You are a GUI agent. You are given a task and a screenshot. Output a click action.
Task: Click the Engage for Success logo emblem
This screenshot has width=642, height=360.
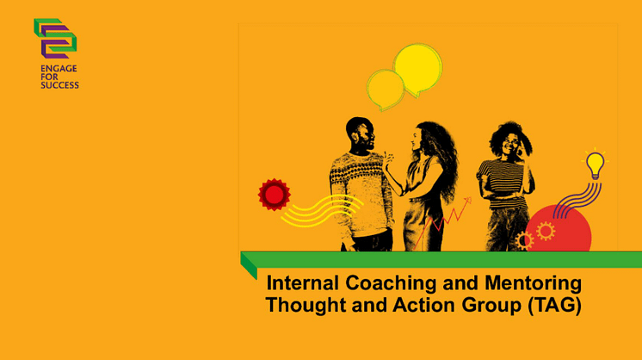pyautogui.click(x=55, y=39)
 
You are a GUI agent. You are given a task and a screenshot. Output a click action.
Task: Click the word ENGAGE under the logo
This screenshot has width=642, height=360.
pyautogui.click(x=59, y=68)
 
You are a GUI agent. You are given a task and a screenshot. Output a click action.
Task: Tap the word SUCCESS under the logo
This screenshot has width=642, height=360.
pyautogui.click(x=59, y=85)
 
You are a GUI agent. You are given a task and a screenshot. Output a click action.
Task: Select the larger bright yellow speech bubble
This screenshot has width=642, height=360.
pyautogui.click(x=417, y=68)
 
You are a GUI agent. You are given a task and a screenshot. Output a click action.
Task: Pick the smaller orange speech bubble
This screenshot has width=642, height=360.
pyautogui.click(x=386, y=90)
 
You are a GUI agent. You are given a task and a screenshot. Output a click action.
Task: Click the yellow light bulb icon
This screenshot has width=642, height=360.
pyautogui.click(x=595, y=164)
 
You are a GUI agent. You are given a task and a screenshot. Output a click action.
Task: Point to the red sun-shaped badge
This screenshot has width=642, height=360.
pyautogui.click(x=274, y=195)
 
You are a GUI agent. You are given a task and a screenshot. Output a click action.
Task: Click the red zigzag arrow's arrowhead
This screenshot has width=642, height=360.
pyautogui.click(x=467, y=201)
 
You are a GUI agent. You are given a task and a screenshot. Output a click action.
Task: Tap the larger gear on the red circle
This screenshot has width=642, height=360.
pyautogui.click(x=546, y=231)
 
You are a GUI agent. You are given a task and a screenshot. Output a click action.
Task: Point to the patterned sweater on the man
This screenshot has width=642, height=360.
pyautogui.click(x=361, y=194)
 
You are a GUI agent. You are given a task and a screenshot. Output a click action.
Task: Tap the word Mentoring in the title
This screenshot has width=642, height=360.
pyautogui.click(x=533, y=283)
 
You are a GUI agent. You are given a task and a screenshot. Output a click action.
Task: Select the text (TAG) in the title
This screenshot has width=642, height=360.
pyautogui.click(x=554, y=305)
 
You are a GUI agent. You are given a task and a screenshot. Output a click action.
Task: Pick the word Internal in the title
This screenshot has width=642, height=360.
pyautogui.click(x=303, y=283)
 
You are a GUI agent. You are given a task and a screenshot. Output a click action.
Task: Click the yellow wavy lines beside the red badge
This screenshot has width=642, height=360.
pyautogui.click(x=321, y=210)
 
